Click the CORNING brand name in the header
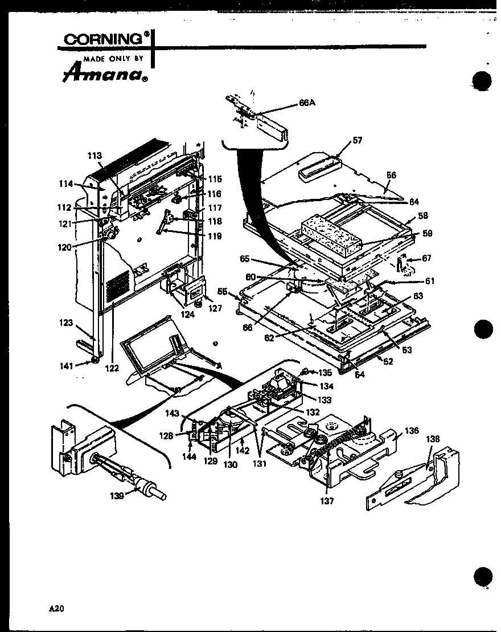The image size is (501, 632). pos(102,39)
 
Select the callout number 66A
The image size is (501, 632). pos(307,103)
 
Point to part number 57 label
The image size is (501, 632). pos(357,140)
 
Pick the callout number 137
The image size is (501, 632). pos(327,501)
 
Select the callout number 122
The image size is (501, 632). pos(112,368)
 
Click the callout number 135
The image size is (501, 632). pos(325,373)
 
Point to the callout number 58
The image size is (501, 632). pos(422,216)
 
